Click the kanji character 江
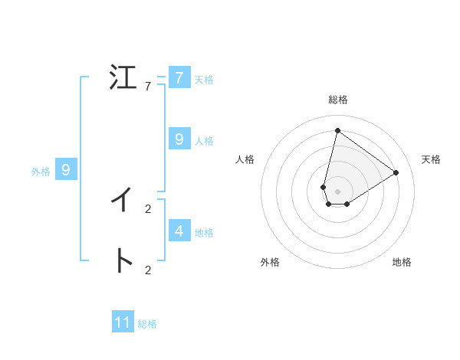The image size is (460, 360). pyautogui.click(x=123, y=78)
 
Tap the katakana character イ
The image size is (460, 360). pyautogui.click(x=123, y=200)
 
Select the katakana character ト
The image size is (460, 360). pyautogui.click(x=123, y=261)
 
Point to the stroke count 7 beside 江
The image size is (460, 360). pyautogui.click(x=148, y=87)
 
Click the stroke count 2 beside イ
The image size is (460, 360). pyautogui.click(x=148, y=208)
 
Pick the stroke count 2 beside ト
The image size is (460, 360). pyautogui.click(x=148, y=270)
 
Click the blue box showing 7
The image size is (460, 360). pyautogui.click(x=179, y=77)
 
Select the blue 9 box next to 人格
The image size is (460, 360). pyautogui.click(x=179, y=139)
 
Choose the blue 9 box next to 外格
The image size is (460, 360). pyautogui.click(x=66, y=170)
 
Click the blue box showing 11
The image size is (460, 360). pyautogui.click(x=123, y=322)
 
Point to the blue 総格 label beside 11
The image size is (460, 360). pyautogui.click(x=147, y=324)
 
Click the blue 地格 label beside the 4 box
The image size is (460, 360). pyautogui.click(x=204, y=232)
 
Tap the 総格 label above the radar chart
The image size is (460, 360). pyautogui.click(x=338, y=100)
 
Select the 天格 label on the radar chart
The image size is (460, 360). pyautogui.click(x=431, y=159)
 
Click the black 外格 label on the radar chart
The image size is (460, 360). pyautogui.click(x=270, y=262)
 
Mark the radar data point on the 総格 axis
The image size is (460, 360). pyautogui.click(x=337, y=131)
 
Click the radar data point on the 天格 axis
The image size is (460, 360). pyautogui.click(x=396, y=172)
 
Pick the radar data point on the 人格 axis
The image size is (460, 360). pyautogui.click(x=324, y=187)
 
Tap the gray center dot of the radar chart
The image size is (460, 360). pyautogui.click(x=337, y=191)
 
